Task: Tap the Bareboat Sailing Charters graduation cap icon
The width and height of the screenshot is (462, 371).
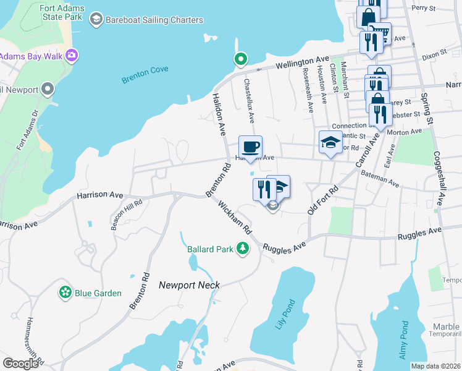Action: [x=96, y=20]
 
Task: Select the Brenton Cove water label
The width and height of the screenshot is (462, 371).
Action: [x=145, y=75]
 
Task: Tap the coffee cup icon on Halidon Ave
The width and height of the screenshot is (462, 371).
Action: [x=250, y=148]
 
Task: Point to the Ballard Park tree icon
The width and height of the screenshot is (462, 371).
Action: [x=243, y=249]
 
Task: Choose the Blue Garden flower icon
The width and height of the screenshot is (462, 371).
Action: [x=64, y=292]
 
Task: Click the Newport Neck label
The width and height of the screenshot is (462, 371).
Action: [x=189, y=285]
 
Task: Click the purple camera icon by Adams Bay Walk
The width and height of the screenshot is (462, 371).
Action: [x=72, y=56]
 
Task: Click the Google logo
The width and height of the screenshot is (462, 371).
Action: [x=20, y=363]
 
